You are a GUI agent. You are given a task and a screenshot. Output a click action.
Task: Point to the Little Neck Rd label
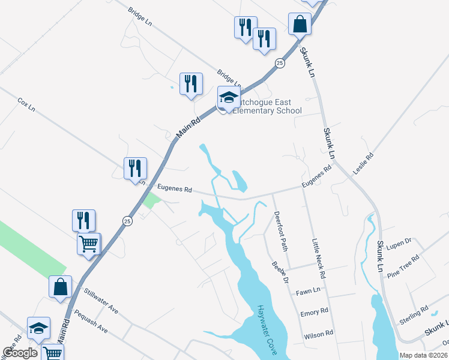click(318, 259)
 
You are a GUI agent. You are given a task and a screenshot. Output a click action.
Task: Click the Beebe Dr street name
click(280, 273)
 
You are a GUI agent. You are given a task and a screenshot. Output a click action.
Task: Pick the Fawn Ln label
click(308, 292)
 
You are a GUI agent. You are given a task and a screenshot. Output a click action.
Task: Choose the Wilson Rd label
click(318, 334)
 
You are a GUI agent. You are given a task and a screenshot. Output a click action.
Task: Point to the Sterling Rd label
click(414, 314)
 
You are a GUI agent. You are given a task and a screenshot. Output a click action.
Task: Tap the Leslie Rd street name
click(363, 164)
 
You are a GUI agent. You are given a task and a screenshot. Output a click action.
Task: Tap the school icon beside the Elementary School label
click(228, 98)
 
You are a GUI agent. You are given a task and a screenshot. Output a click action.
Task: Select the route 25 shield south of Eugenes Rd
click(127, 221)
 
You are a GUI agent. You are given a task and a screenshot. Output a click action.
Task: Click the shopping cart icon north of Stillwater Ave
click(89, 244)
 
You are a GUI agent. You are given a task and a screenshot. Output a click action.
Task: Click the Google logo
click(20, 353)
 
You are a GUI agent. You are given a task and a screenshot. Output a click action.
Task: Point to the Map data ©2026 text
click(423, 355)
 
